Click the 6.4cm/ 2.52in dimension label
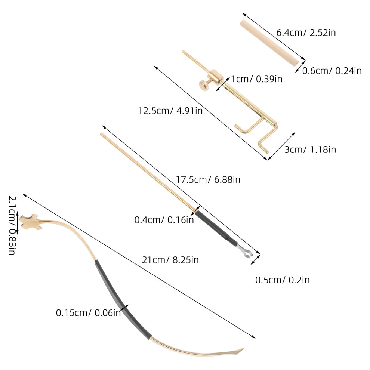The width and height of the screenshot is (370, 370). click(x=306, y=33)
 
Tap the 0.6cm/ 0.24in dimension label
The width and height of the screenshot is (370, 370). click(x=332, y=71)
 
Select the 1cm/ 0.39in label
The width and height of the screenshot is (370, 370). click(x=256, y=79)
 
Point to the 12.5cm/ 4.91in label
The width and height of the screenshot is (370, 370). click(x=170, y=111)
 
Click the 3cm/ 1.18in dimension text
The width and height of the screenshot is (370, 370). click(x=310, y=149)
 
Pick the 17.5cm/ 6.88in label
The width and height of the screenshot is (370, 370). click(x=208, y=180)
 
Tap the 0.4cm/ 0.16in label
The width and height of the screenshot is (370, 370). click(x=164, y=220)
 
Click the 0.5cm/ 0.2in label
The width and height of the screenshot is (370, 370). click(x=283, y=280)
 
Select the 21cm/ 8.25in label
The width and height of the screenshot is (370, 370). click(x=170, y=260)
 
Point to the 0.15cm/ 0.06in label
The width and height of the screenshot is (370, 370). click(x=89, y=313)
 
